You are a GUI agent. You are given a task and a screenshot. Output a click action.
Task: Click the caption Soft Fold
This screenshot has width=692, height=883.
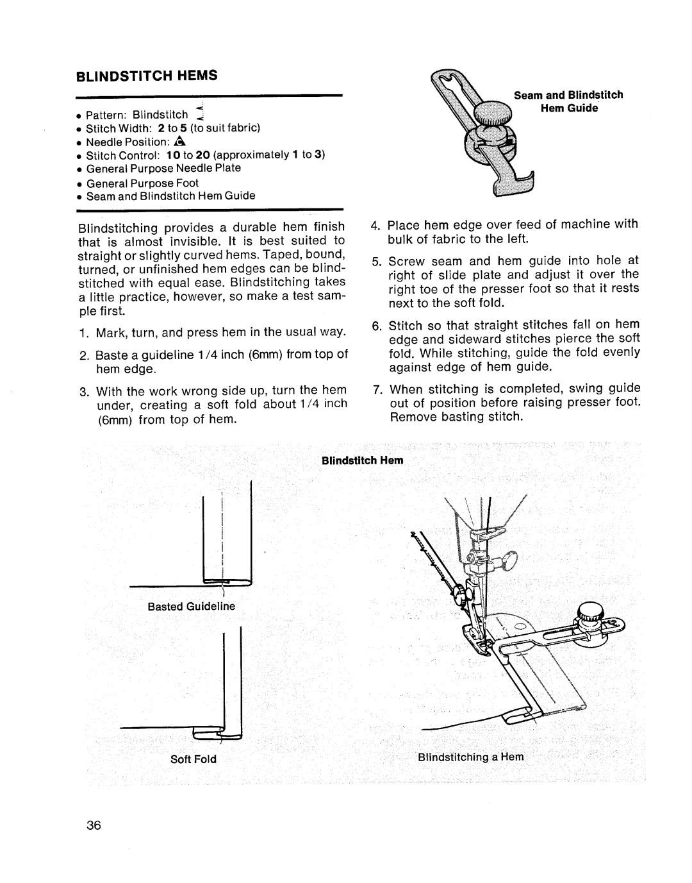point(193,759)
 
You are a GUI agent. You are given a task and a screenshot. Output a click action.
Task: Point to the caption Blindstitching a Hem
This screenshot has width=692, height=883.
point(471,757)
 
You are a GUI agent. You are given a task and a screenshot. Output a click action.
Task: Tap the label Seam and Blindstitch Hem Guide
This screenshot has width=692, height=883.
point(568,101)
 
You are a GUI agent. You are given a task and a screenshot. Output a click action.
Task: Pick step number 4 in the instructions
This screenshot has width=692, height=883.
point(375,224)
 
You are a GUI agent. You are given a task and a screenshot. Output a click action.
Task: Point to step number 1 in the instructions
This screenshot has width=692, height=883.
point(83,332)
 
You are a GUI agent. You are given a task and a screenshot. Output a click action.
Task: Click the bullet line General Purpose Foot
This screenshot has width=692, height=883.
point(142,183)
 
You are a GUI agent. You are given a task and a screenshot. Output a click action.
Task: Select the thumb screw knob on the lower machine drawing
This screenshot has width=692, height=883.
point(588,612)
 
